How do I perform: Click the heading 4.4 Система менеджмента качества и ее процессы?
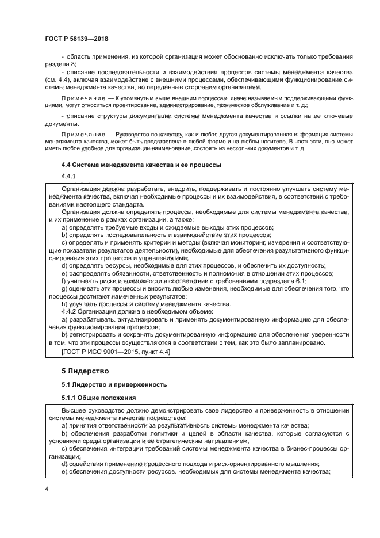(135, 165)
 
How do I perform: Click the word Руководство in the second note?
(133, 133)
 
